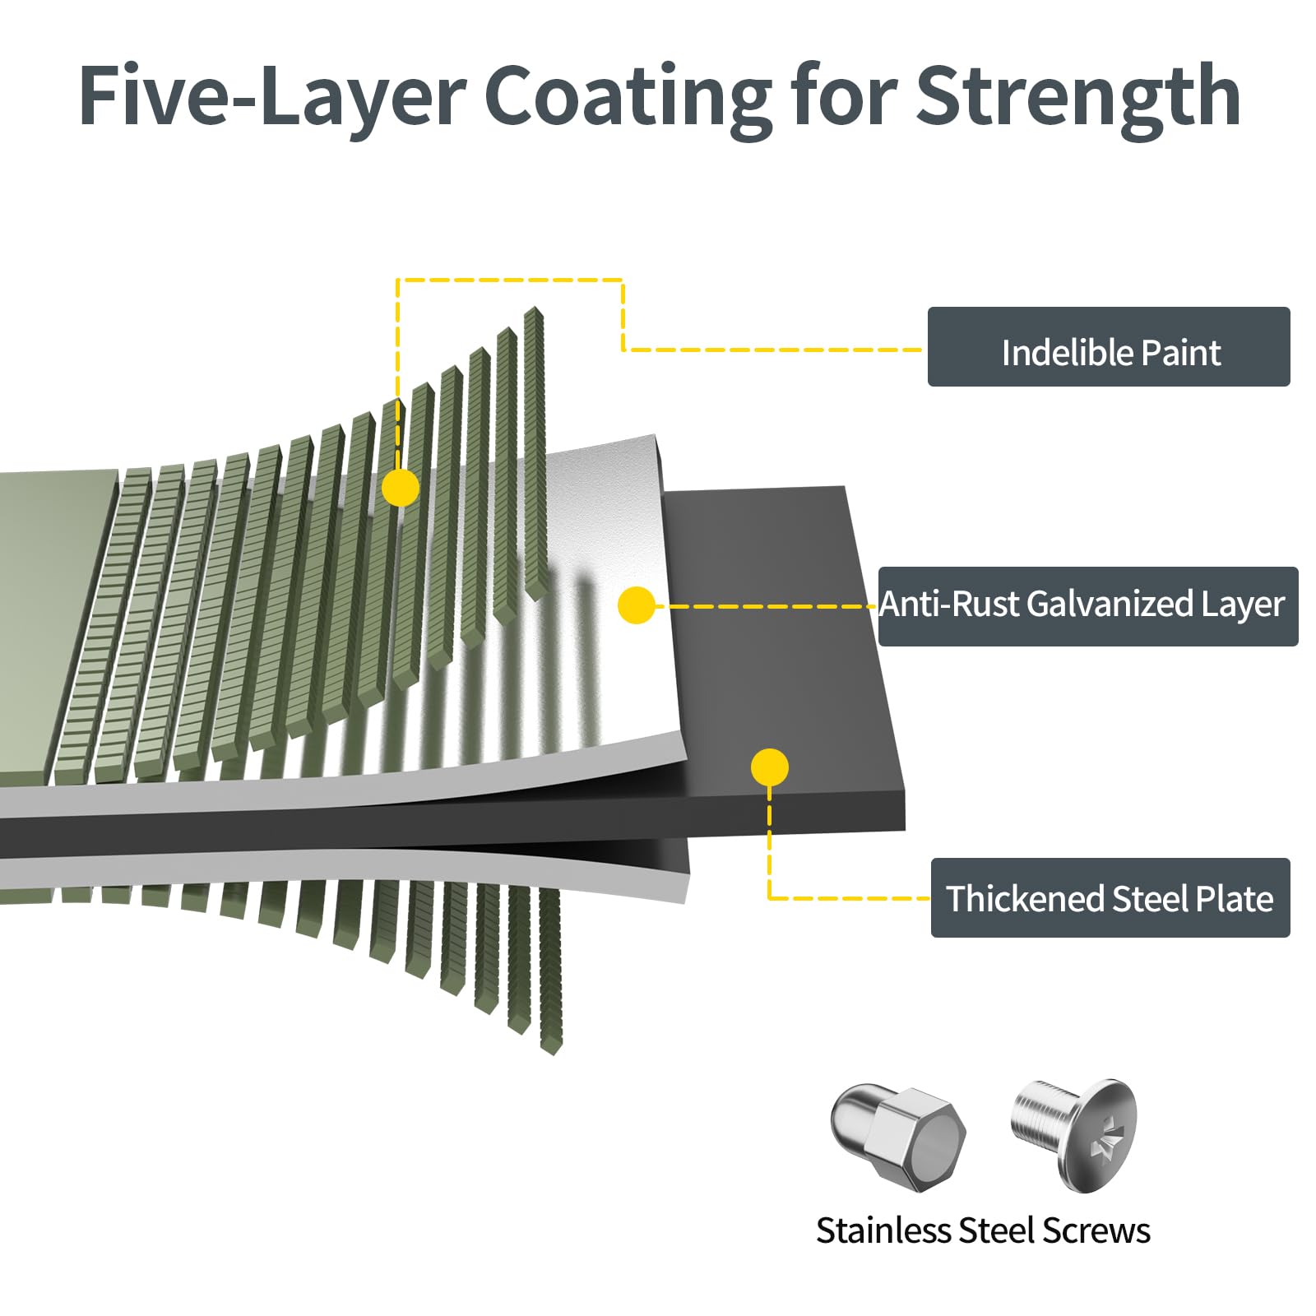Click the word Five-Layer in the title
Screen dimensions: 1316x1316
pos(272,97)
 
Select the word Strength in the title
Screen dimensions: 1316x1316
pos(1077,97)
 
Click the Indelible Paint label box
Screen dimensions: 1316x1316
pos(1108,346)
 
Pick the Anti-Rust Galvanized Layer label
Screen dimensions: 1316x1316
pos(1087,605)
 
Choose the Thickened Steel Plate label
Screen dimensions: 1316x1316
pos(1110,897)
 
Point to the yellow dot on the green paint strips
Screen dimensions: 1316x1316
pos(401,489)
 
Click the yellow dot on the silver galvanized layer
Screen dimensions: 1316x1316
pos(636,605)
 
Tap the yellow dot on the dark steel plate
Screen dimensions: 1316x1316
pos(769,767)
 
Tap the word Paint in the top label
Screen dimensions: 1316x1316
pos(1181,353)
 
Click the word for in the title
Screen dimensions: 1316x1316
pos(844,97)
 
